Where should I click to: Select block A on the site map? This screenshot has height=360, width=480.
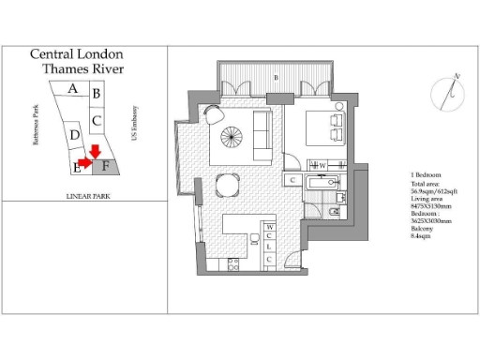72,89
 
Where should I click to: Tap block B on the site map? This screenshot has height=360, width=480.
97,93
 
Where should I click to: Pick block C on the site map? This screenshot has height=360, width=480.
97,120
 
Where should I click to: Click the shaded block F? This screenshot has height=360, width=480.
106,167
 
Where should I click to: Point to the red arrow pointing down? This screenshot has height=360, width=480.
94,150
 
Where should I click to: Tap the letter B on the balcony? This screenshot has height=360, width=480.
275,76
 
